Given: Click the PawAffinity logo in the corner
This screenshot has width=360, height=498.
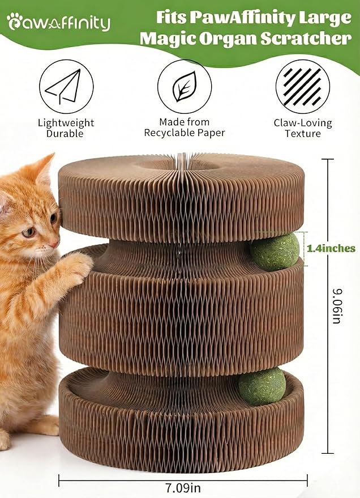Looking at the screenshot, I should pyautogui.click(x=58, y=22).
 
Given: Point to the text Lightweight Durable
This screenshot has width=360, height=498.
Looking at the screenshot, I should pyautogui.click(x=66, y=128).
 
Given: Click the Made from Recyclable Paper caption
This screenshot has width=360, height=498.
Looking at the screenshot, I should pyautogui.click(x=184, y=127).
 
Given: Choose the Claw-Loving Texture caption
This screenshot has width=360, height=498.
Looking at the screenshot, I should pyautogui.click(x=303, y=128).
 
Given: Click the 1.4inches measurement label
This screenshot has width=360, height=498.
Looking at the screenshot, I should pyautogui.click(x=331, y=248).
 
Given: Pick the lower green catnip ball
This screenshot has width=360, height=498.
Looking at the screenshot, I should pyautogui.click(x=262, y=386).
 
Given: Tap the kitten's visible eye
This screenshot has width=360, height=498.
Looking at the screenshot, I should pyautogui.click(x=29, y=232).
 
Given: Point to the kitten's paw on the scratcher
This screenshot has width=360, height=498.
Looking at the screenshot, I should pyautogui.click(x=76, y=267).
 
